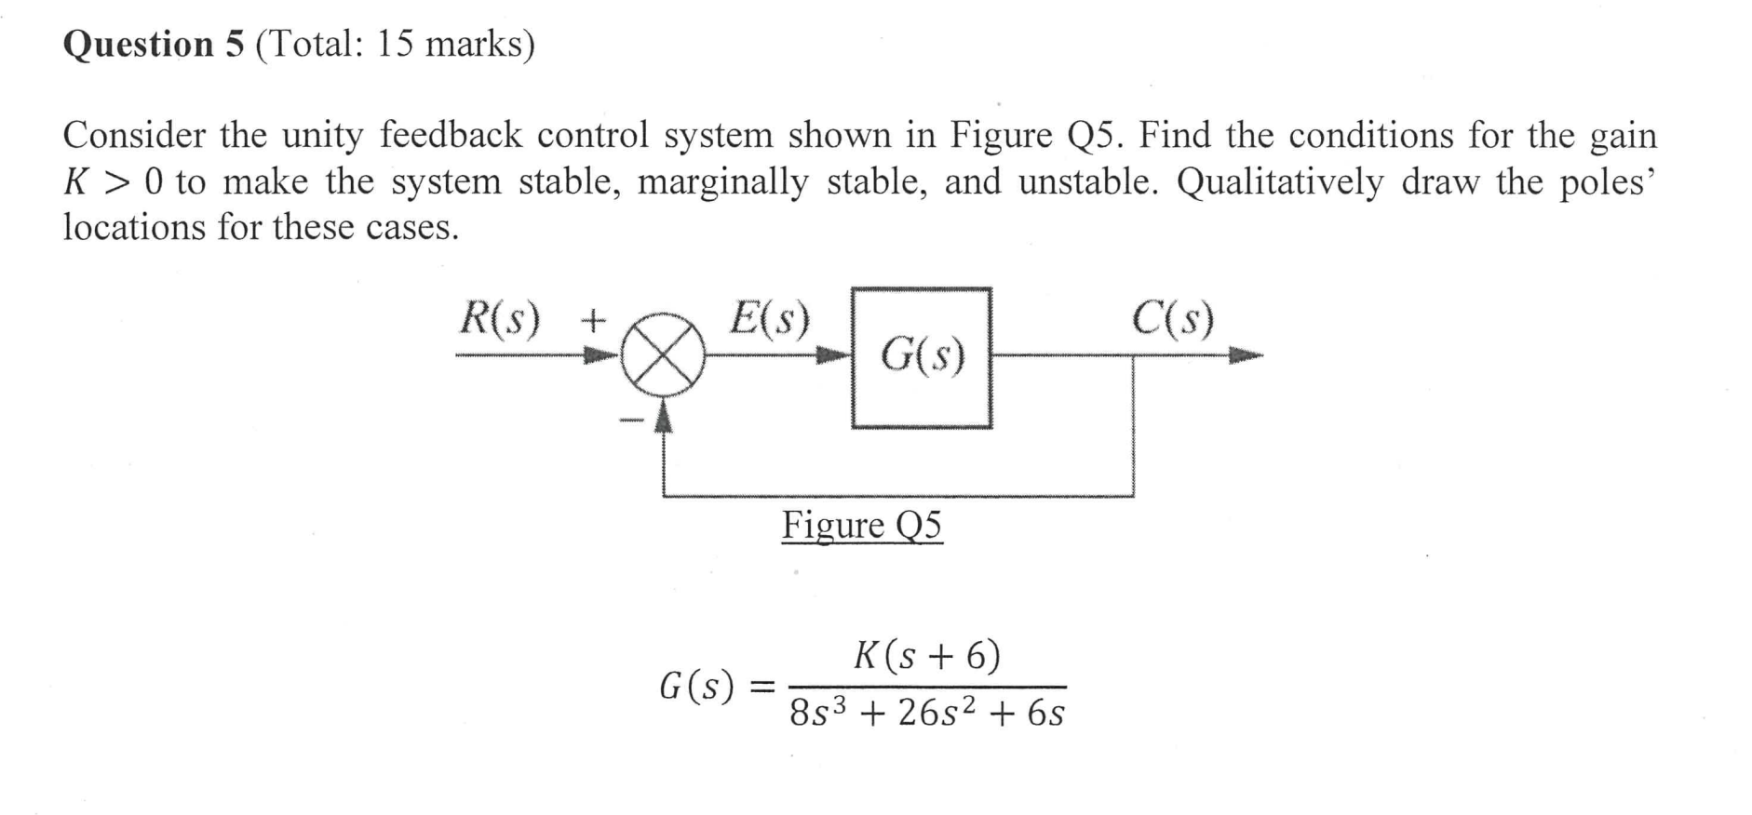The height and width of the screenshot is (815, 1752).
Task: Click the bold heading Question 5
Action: pos(154,44)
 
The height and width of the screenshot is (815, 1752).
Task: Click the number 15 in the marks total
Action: pos(394,44)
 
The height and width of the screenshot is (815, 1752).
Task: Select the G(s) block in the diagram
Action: pos(922,357)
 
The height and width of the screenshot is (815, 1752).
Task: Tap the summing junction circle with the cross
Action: pos(663,354)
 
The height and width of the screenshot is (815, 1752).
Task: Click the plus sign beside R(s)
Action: pos(593,321)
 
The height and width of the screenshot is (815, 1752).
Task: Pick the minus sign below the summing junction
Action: pos(632,423)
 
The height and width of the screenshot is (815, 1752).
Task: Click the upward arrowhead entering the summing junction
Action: pos(663,415)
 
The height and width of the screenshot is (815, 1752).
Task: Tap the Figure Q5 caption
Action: pos(861,526)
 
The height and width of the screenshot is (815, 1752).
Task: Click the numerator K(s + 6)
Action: pos(927,656)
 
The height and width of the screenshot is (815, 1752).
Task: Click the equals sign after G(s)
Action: pos(761,688)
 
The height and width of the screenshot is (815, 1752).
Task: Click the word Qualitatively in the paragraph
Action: pos(1280,181)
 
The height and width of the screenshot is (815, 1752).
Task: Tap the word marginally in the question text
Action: pos(722,181)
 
